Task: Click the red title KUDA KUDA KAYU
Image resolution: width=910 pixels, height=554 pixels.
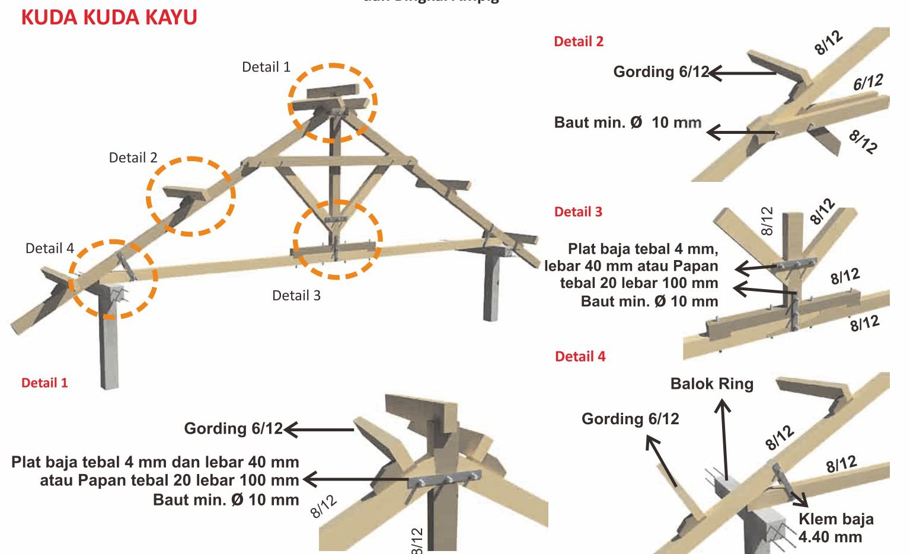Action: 109,17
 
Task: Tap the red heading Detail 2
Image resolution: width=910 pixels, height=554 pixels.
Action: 578,41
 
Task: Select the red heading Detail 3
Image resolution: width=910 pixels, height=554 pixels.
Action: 578,212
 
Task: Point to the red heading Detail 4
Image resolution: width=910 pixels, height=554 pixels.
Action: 580,357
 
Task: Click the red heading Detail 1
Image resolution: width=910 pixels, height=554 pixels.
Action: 44,383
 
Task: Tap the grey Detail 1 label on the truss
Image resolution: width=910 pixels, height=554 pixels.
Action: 266,68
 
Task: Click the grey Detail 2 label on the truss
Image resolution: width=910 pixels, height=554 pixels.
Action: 133,158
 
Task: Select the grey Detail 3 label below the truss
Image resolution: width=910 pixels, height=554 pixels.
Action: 296,296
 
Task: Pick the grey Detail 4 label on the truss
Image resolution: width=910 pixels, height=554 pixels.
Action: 50,248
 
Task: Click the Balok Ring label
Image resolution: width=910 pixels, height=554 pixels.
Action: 711,384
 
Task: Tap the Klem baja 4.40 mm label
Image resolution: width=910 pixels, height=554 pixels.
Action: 836,528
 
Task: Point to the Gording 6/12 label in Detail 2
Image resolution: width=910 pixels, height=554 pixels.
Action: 660,72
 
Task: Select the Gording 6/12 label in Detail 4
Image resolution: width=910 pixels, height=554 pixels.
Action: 630,419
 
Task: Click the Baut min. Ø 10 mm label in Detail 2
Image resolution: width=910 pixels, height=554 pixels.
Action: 627,123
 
